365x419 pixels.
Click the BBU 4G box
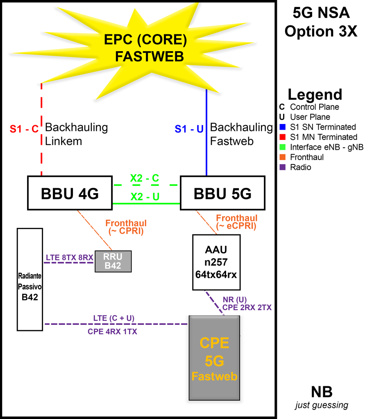pos(70,193)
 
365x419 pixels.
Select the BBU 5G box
pos(222,193)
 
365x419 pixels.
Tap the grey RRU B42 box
pos(113,261)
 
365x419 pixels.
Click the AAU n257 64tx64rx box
pos(215,262)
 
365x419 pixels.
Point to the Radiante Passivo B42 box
pos(30,279)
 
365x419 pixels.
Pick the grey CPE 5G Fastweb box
pos(214,358)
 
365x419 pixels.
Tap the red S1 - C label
pos(24,129)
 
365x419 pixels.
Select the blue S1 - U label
pos(189,129)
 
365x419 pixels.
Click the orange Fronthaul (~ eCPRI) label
pos(237,222)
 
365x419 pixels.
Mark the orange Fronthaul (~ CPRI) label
pos(126,227)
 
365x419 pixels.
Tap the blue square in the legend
pos(282,127)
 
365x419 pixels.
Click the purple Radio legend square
pos(282,167)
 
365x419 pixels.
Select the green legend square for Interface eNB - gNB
pos(282,147)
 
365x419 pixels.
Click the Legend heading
pos(315,95)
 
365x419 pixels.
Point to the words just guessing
pos(322,405)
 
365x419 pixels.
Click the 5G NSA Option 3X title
pos(321,22)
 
